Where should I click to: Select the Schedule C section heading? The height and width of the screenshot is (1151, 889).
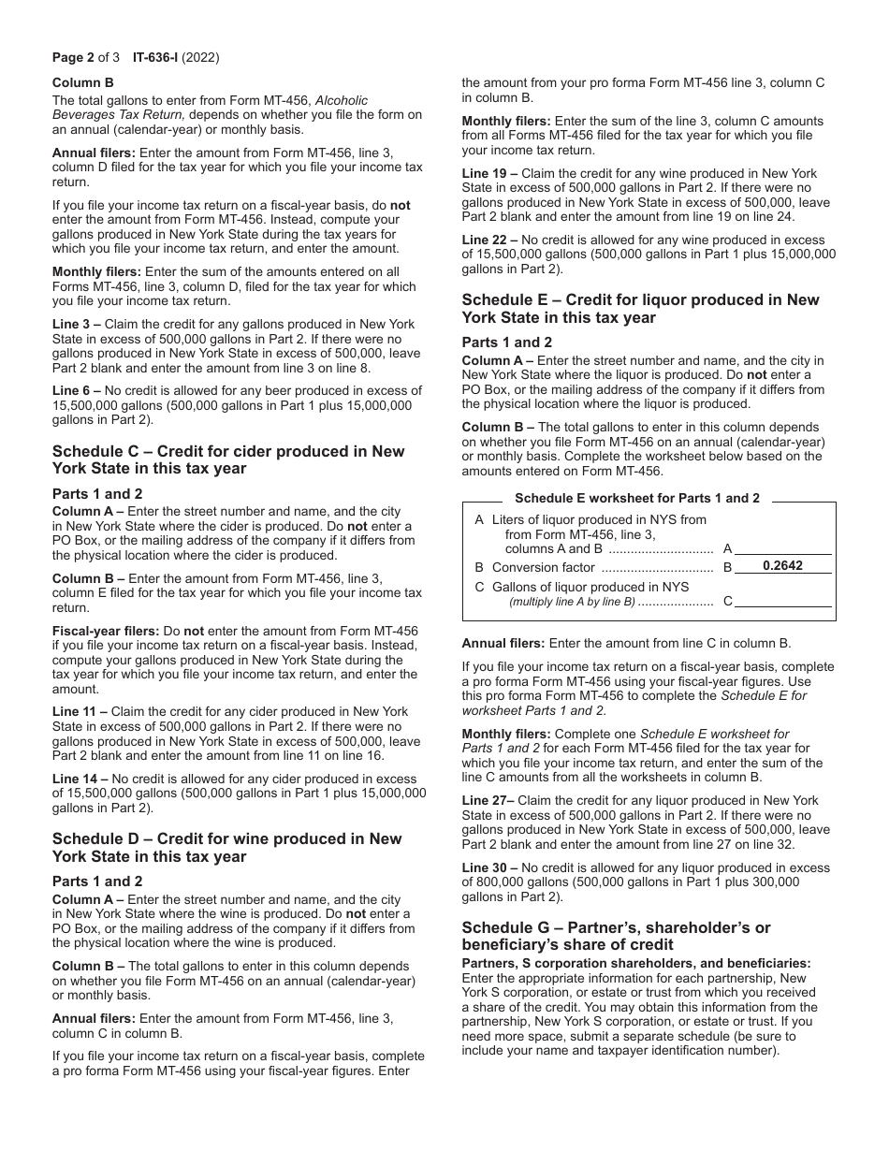[x=228, y=459]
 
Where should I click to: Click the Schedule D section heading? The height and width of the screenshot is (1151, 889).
[x=226, y=847]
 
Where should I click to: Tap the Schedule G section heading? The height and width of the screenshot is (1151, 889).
[x=616, y=936]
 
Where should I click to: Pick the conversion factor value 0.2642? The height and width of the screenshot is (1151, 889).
[x=782, y=566]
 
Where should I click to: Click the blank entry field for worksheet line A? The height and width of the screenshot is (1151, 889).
[x=783, y=548]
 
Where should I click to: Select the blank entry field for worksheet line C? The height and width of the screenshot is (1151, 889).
[x=783, y=601]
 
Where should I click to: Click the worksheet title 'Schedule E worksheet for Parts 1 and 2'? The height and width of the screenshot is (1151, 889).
[x=637, y=499]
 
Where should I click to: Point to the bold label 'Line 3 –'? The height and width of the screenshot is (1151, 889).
[x=80, y=324]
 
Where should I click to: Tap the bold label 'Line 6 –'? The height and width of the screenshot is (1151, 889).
[x=80, y=391]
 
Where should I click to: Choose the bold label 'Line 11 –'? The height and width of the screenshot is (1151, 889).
[x=82, y=712]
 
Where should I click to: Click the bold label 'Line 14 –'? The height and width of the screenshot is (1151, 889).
[x=82, y=779]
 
